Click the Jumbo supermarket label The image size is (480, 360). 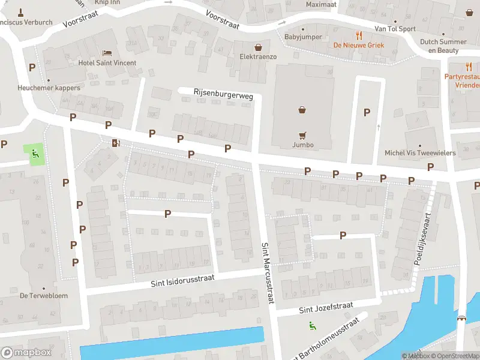303,145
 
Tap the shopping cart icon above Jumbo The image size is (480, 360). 303,135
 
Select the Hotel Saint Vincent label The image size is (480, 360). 107,63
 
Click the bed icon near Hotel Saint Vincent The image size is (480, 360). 107,53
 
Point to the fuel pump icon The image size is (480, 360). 115,143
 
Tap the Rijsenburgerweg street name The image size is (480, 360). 223,94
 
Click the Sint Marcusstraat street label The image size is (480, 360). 266,272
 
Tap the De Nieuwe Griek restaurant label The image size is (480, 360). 359,45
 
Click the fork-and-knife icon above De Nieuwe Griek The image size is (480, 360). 359,35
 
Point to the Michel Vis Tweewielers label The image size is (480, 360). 420,153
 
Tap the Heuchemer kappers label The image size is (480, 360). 49,88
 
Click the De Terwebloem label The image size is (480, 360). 44,295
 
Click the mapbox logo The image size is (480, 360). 26,353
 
